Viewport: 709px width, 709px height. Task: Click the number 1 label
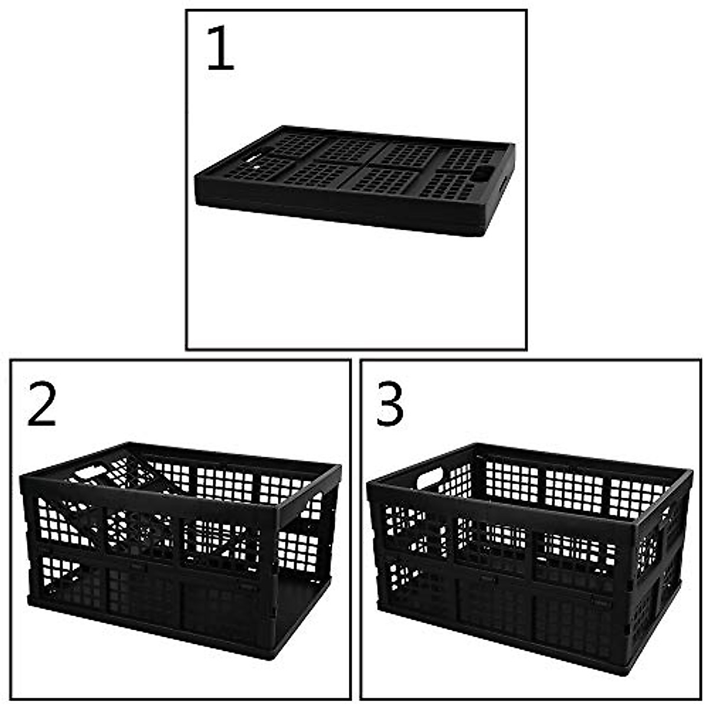pos(220,50)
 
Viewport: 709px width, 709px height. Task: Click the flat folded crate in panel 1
pos(354,177)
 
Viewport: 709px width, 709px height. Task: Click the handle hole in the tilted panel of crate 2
pos(90,473)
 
